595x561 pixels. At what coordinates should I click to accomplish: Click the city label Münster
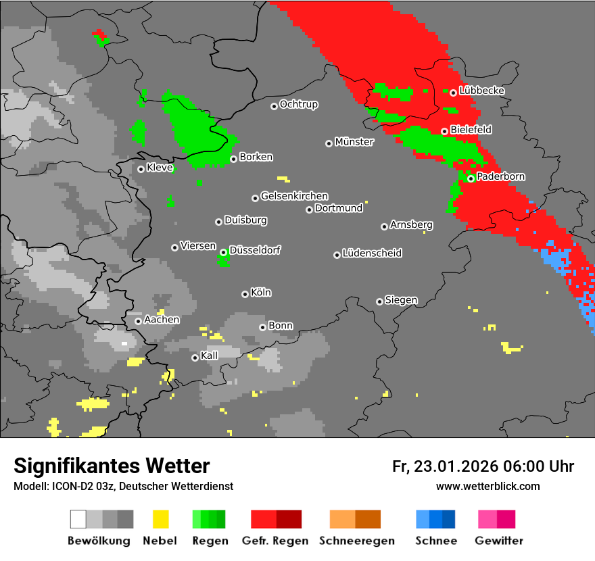[x=354, y=142]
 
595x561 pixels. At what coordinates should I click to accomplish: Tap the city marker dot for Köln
[x=245, y=294]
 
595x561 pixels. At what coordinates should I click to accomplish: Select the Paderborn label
[x=501, y=177]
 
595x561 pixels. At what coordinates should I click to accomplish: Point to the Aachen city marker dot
[x=138, y=321]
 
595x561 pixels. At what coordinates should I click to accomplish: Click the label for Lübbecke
[x=481, y=91]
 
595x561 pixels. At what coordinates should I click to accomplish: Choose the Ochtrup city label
[x=298, y=105]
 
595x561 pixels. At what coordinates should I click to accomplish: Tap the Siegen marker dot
[x=379, y=301]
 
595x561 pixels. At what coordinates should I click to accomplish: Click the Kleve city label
[x=160, y=168]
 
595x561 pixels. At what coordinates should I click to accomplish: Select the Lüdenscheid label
[x=372, y=253]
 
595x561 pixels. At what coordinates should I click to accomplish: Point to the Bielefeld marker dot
[x=444, y=131]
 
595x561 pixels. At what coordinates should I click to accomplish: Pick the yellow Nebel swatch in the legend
[x=160, y=519]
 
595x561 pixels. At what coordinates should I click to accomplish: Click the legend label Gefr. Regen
[x=275, y=541]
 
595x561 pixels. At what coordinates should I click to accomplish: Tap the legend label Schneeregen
[x=354, y=541]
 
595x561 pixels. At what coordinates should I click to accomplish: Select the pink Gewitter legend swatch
[x=487, y=519]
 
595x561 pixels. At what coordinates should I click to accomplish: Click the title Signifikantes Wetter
[x=112, y=466]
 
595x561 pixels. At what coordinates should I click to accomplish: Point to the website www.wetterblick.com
[x=487, y=486]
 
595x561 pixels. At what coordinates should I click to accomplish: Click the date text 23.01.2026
[x=456, y=466]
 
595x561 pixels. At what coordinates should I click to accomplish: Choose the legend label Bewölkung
[x=99, y=541]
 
